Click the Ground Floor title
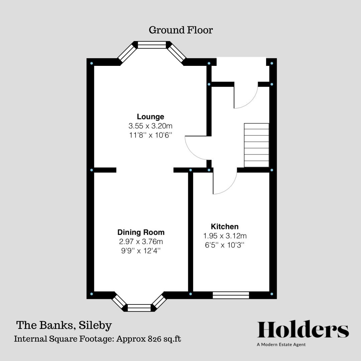tap(181, 30)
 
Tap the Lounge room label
tap(150, 117)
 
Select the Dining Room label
tap(141, 232)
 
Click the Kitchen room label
tap(225, 227)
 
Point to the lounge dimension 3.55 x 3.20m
tap(150, 126)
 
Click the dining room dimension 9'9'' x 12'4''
tap(141, 250)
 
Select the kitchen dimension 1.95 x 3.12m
tap(225, 236)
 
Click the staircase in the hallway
tap(256, 145)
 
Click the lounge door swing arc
tap(192, 152)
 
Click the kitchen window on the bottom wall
tap(231, 295)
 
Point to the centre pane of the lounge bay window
tap(152, 45)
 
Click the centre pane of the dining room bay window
tap(139, 308)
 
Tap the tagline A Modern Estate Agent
tap(281, 345)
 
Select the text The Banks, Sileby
tap(64, 326)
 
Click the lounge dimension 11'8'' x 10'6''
tap(150, 135)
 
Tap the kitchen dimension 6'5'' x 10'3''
tap(225, 245)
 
